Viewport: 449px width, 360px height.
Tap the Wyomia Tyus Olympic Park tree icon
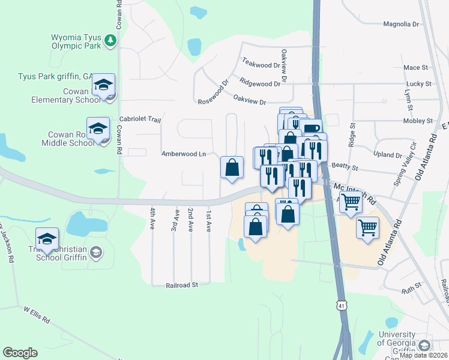(x=110, y=41)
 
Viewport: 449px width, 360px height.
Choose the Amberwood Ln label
(x=184, y=154)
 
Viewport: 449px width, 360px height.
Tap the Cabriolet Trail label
(x=140, y=119)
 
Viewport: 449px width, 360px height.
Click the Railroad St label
(x=182, y=286)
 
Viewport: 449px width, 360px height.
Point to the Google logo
(x=20, y=353)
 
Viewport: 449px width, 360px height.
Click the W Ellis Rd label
(x=37, y=316)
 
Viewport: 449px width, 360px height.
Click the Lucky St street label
(x=418, y=84)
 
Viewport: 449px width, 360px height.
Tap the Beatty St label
(x=345, y=169)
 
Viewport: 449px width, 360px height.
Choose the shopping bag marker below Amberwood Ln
(x=232, y=168)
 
